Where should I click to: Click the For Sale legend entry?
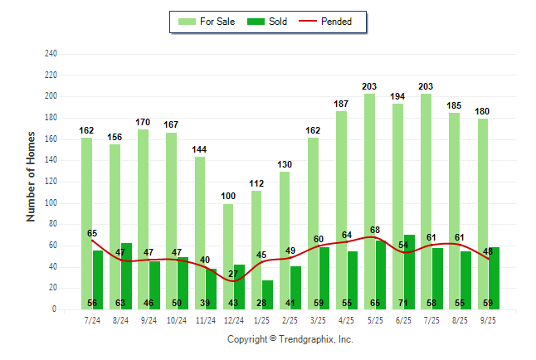point(207,22)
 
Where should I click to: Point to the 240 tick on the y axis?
point(51,54)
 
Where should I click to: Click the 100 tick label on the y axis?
point(51,203)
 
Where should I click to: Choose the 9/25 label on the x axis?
point(489,319)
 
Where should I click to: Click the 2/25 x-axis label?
point(290,319)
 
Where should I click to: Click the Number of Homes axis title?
point(32,176)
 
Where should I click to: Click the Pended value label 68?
point(375,230)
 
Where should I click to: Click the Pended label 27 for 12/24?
point(233,274)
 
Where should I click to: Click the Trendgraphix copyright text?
point(290,339)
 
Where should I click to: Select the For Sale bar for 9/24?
point(144,219)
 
